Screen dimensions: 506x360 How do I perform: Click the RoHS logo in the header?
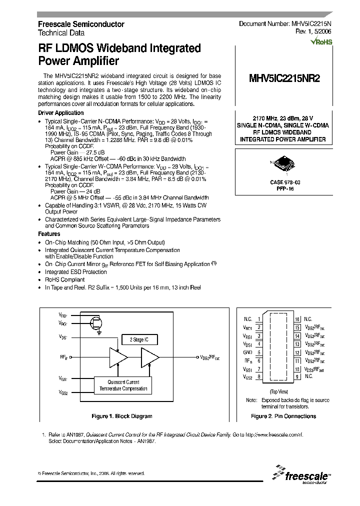click(x=321, y=41)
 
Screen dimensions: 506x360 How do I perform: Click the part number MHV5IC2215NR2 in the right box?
click(x=284, y=78)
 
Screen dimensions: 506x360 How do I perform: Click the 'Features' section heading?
click(x=49, y=234)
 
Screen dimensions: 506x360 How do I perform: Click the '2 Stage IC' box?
click(x=139, y=339)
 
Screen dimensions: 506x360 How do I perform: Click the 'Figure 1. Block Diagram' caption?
click(x=122, y=416)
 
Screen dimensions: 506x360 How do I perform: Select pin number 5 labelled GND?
click(x=259, y=352)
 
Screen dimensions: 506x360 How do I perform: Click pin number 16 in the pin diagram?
click(x=297, y=319)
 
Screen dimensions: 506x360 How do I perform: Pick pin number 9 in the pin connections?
click(x=297, y=376)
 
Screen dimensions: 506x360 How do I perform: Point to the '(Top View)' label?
click(x=278, y=391)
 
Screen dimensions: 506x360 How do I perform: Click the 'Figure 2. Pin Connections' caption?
click(x=283, y=416)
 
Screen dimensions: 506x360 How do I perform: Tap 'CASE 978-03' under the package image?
click(x=284, y=183)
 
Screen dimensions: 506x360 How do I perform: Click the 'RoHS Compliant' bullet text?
click(x=65, y=280)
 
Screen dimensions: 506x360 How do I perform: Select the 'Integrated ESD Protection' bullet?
click(x=76, y=272)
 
